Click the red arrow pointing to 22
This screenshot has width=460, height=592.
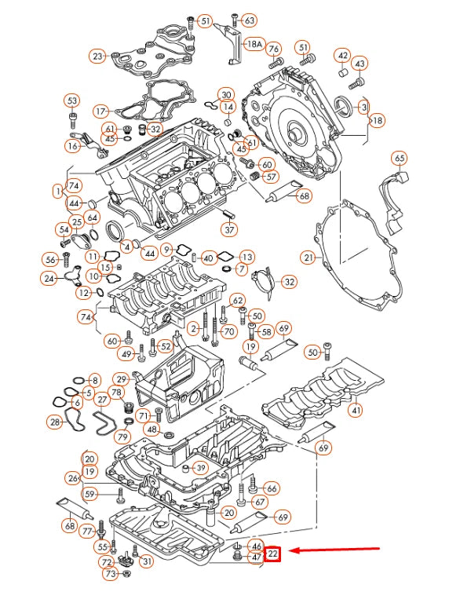336,550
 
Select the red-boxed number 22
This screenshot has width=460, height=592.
272,554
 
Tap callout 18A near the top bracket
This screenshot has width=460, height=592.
254,44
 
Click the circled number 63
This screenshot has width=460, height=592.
250,20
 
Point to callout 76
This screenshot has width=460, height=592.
274,49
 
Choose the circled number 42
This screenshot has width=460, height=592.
343,56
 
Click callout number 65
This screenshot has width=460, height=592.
400,158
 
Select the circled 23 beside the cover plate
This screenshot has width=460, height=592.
97,57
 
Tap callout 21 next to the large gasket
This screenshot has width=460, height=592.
308,258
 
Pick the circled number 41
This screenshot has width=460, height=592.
356,410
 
